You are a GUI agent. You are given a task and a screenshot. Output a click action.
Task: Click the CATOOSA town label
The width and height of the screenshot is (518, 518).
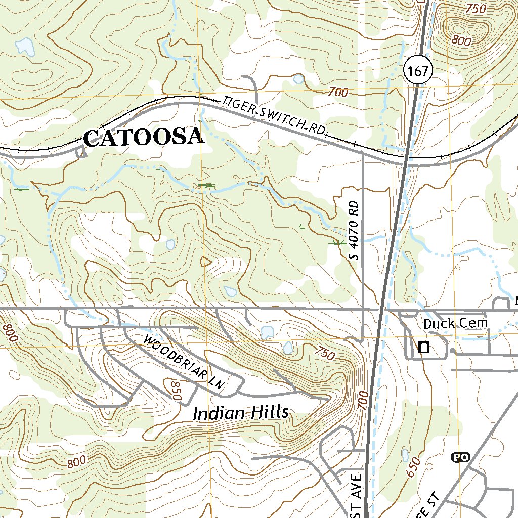point(144,138)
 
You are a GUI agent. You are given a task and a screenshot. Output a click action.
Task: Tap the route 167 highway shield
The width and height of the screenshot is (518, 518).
point(419,71)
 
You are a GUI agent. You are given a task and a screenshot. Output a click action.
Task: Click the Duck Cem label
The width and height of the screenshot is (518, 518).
point(455,323)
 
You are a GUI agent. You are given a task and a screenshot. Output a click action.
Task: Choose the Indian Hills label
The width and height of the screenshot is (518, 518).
point(241,413)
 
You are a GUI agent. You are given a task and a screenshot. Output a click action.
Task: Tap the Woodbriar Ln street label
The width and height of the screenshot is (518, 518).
point(184,361)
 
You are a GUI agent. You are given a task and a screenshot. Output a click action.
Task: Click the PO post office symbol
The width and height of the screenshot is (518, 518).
point(460,457)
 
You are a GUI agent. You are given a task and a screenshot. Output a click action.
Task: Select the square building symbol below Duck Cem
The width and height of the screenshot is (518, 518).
point(424,347)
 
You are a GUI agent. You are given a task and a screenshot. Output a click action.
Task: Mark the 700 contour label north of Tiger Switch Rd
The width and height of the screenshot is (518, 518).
point(338,92)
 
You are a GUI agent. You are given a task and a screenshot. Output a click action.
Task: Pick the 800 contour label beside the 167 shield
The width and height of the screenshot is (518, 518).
point(461,41)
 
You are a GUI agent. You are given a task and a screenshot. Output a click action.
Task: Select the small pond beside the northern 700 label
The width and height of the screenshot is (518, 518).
point(298,79)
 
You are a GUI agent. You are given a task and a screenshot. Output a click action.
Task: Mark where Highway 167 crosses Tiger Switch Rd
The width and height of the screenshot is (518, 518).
point(408,160)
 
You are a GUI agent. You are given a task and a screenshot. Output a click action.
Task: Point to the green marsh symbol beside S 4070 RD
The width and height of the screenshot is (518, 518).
point(336,243)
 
